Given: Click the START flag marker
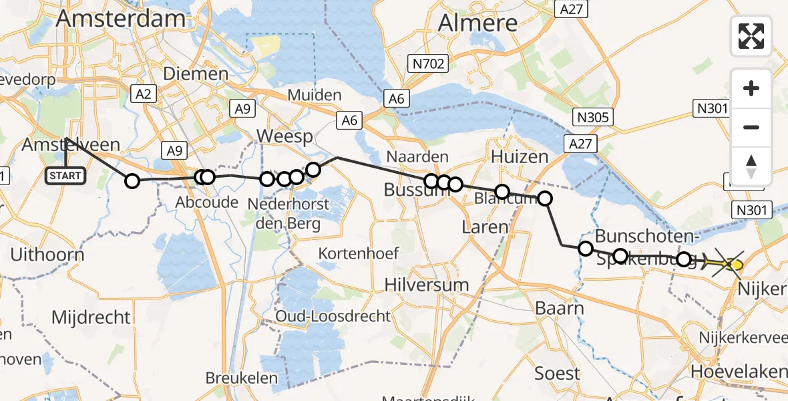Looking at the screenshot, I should pyautogui.click(x=65, y=176).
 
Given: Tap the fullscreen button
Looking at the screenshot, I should pyautogui.click(x=751, y=36).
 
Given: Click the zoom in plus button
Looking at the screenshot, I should pyautogui.click(x=751, y=89).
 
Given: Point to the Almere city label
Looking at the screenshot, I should pyautogui.click(x=478, y=23).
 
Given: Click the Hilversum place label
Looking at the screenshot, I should pyautogui.click(x=427, y=285).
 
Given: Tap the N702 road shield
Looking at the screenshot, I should pyautogui.click(x=427, y=64).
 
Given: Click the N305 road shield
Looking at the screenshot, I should pyautogui.click(x=593, y=118).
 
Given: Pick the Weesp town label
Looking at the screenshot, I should pyautogui.click(x=285, y=138).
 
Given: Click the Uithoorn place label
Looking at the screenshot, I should pyautogui.click(x=47, y=255).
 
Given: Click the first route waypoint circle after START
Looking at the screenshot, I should pyautogui.click(x=132, y=180).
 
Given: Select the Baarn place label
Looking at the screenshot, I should pyautogui.click(x=560, y=309).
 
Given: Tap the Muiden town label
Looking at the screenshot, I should pyautogui.click(x=315, y=95).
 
